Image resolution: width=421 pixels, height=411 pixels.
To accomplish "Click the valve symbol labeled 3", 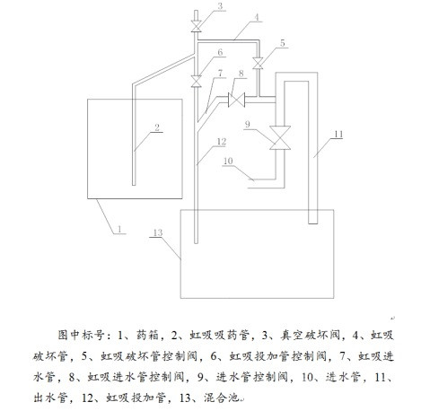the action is pyautogui.click(x=197, y=27).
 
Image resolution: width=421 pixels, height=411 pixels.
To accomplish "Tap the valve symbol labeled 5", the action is pyautogui.click(x=258, y=63).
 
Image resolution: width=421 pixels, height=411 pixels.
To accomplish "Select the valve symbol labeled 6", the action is pyautogui.click(x=197, y=81).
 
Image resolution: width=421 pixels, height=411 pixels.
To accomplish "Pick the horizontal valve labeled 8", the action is pyautogui.click(x=236, y=100).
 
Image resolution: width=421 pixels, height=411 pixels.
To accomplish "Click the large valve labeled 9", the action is pyautogui.click(x=280, y=137).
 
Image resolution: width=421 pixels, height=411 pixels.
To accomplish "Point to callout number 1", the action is pyautogui.click(x=119, y=229).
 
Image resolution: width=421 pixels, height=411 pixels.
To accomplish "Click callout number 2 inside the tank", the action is pyautogui.click(x=157, y=127).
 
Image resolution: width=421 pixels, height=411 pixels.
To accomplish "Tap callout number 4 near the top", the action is pyautogui.click(x=257, y=17).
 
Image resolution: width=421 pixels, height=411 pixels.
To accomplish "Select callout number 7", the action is pyautogui.click(x=220, y=73).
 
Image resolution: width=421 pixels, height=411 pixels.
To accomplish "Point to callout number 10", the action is pyautogui.click(x=228, y=161).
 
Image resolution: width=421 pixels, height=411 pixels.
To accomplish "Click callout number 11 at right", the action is pyautogui.click(x=338, y=135).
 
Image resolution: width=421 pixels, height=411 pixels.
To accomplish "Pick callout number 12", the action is pyautogui.click(x=221, y=142).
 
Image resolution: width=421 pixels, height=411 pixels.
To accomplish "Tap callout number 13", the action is pyautogui.click(x=158, y=232).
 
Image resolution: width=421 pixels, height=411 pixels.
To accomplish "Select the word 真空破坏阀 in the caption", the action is pyautogui.click(x=310, y=335).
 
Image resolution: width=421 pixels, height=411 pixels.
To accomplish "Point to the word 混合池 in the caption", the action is pyautogui.click(x=221, y=398).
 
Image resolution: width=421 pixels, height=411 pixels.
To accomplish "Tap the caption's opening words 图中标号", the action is pyautogui.click(x=80, y=335).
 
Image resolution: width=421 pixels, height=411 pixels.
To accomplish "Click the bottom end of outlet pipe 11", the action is pyautogui.click(x=312, y=223).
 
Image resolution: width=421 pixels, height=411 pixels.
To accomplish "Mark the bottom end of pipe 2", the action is pyautogui.click(x=134, y=185).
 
